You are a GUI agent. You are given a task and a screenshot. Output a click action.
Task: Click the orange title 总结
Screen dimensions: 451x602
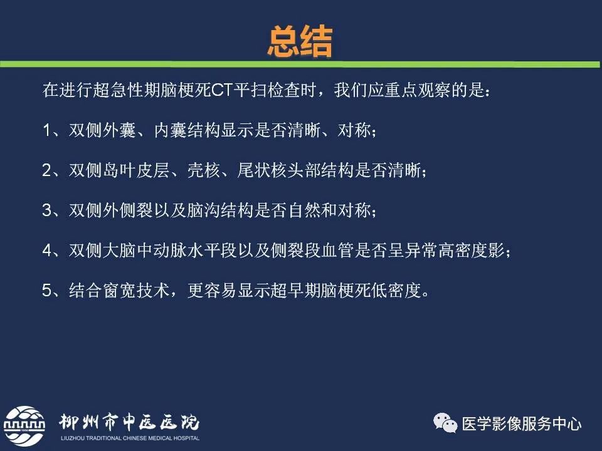(x=300, y=43)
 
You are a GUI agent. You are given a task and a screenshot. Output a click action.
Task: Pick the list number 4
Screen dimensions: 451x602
(x=48, y=251)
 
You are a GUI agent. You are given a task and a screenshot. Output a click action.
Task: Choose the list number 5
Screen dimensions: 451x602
(x=48, y=291)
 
